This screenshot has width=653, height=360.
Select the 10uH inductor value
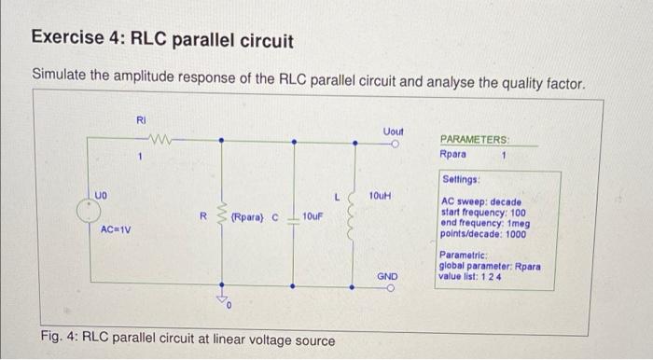tap(380, 197)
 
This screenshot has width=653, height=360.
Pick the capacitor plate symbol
tap(295, 216)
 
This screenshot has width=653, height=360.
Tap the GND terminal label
tap(388, 277)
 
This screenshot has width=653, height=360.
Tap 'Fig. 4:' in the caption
tap(60, 340)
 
